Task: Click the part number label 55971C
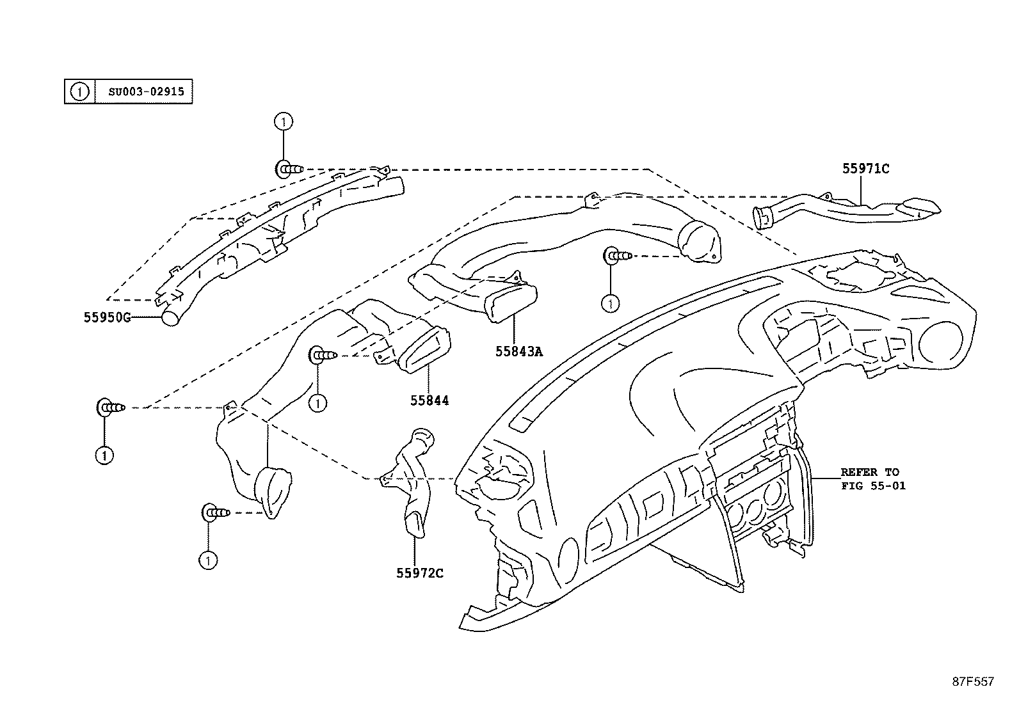tap(865, 169)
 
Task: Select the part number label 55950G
tap(107, 317)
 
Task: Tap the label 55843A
tap(519, 352)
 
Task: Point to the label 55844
tap(429, 400)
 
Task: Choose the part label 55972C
tap(419, 573)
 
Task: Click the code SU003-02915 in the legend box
tap(146, 91)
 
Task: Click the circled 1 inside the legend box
tap(79, 92)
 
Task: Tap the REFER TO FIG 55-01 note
tap(873, 479)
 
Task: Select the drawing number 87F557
tap(973, 682)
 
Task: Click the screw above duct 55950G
tap(289, 170)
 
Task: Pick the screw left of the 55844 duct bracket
tap(323, 354)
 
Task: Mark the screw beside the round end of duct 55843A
tap(617, 256)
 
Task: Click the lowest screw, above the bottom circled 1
tap(216, 513)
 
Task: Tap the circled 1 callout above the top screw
tap(284, 122)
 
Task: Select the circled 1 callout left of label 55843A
tap(610, 303)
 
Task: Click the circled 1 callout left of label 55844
tap(317, 404)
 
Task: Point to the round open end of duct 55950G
tap(171, 317)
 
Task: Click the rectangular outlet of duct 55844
tap(425, 350)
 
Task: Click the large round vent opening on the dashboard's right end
tap(940, 344)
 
